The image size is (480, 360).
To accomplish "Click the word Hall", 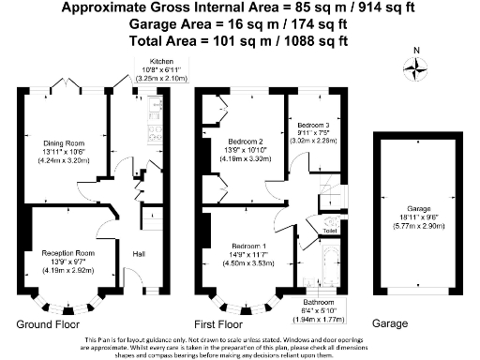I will (139, 254).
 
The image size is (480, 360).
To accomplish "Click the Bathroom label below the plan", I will (322, 303).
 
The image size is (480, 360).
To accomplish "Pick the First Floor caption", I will (227, 323).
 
